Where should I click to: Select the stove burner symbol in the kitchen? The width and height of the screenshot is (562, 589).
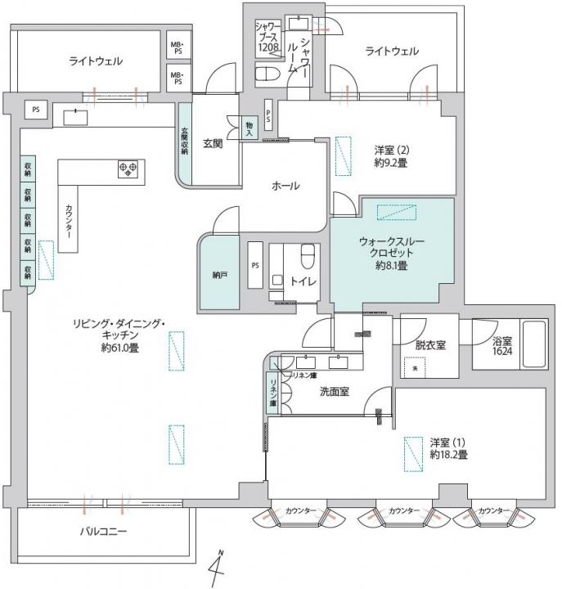128,169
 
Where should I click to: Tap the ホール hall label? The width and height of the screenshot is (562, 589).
285,187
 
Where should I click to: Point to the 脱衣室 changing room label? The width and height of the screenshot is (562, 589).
429,345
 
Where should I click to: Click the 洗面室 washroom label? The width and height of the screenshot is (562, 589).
334,392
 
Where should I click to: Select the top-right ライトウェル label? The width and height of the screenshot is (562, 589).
392,51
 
